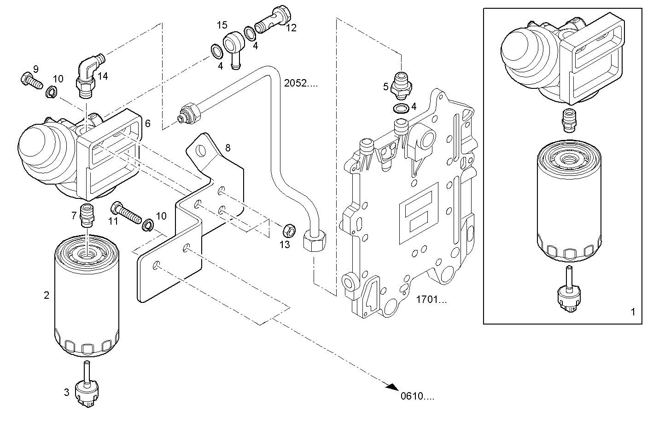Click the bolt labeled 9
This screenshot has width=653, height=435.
tap(30, 81)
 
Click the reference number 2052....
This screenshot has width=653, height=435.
tap(301, 83)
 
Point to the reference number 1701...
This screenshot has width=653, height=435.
tap(431, 300)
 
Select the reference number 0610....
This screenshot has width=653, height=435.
tap(417, 396)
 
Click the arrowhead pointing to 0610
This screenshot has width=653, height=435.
tap(392, 388)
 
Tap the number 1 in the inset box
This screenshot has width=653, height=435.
tap(633, 312)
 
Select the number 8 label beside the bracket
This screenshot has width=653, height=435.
tap(228, 148)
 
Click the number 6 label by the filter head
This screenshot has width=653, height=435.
tap(147, 123)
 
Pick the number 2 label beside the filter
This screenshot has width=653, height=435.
tap(47, 295)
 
